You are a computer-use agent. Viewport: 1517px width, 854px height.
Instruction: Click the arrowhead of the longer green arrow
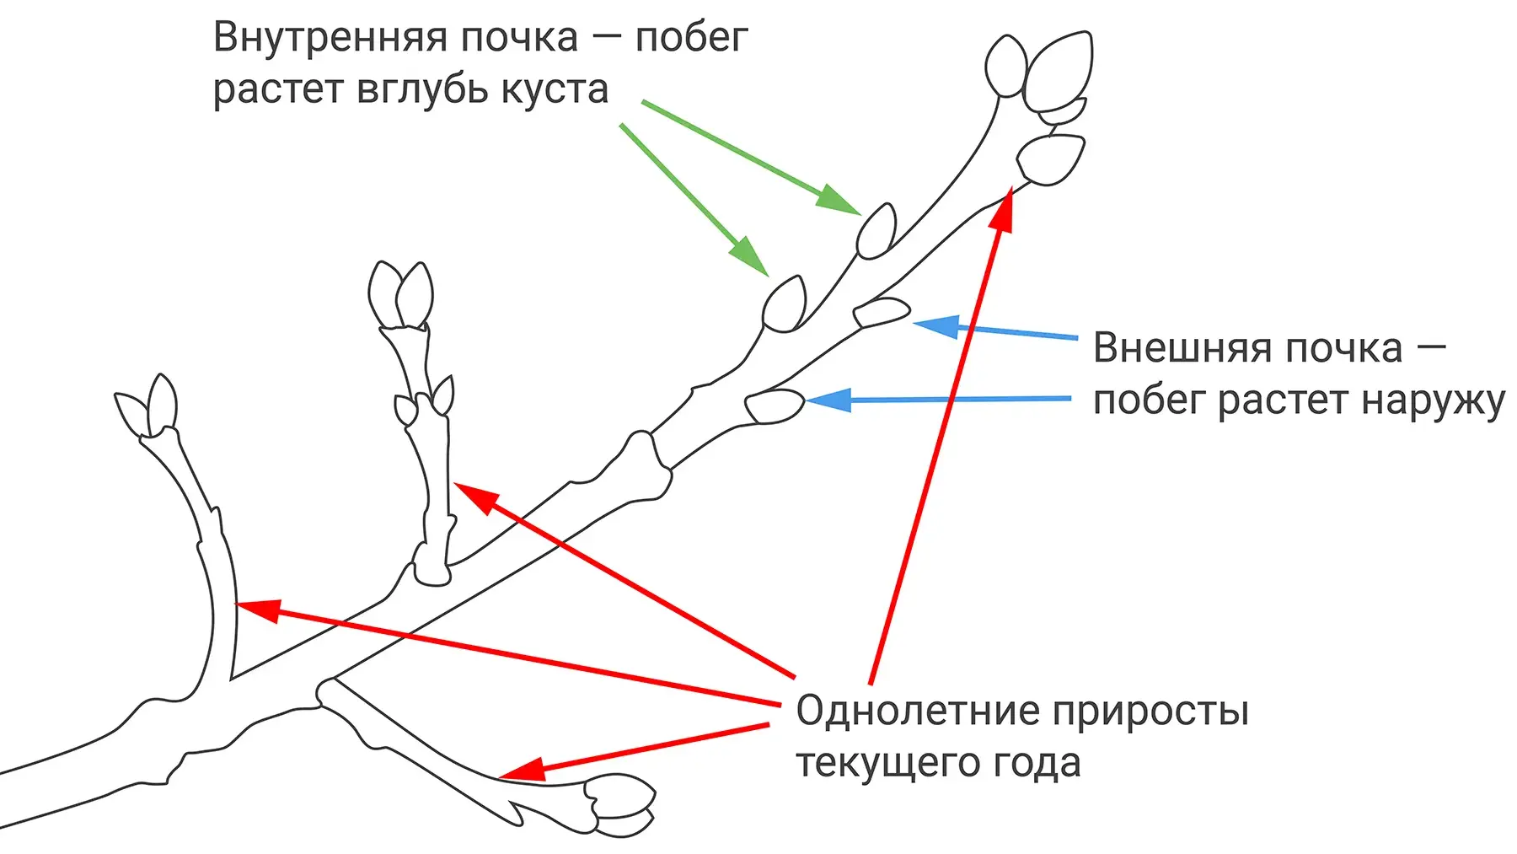point(836,200)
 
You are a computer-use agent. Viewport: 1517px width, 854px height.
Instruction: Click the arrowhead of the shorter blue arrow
point(938,325)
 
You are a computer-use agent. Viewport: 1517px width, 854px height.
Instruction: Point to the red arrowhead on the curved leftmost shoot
point(258,609)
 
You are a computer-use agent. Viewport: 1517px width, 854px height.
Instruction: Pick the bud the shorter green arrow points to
point(785,303)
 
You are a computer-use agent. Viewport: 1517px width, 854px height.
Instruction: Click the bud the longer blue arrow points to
point(775,406)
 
